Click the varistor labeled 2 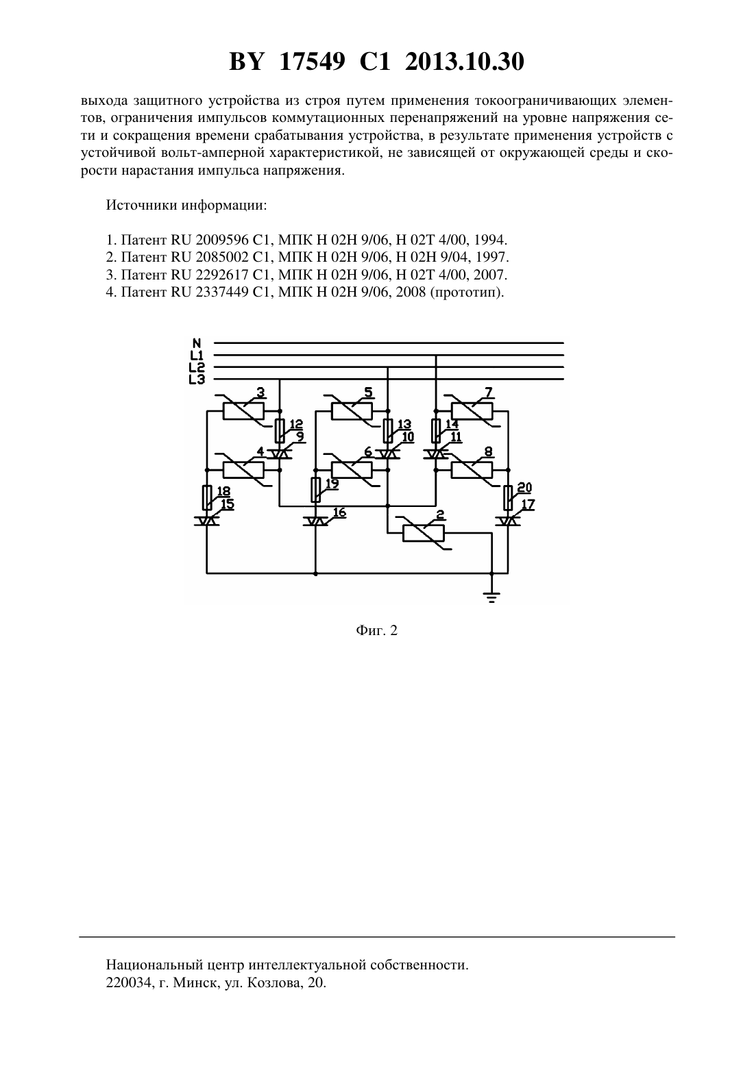click(x=423, y=534)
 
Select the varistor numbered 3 click(x=243, y=410)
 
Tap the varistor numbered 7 click(x=472, y=410)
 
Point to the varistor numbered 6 click(x=352, y=470)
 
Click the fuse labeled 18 click(x=207, y=498)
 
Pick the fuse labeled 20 click(x=508, y=498)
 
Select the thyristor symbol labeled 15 click(x=207, y=521)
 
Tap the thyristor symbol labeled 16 click(x=315, y=521)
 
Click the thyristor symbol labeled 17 click(x=508, y=521)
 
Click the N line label click(x=197, y=343)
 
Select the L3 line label click(x=197, y=380)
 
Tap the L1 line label click(x=197, y=355)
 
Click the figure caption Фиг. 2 click(x=376, y=630)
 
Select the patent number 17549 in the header click(x=313, y=62)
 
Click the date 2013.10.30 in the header click(x=465, y=62)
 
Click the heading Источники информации click(x=186, y=206)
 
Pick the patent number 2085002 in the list click(x=222, y=257)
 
